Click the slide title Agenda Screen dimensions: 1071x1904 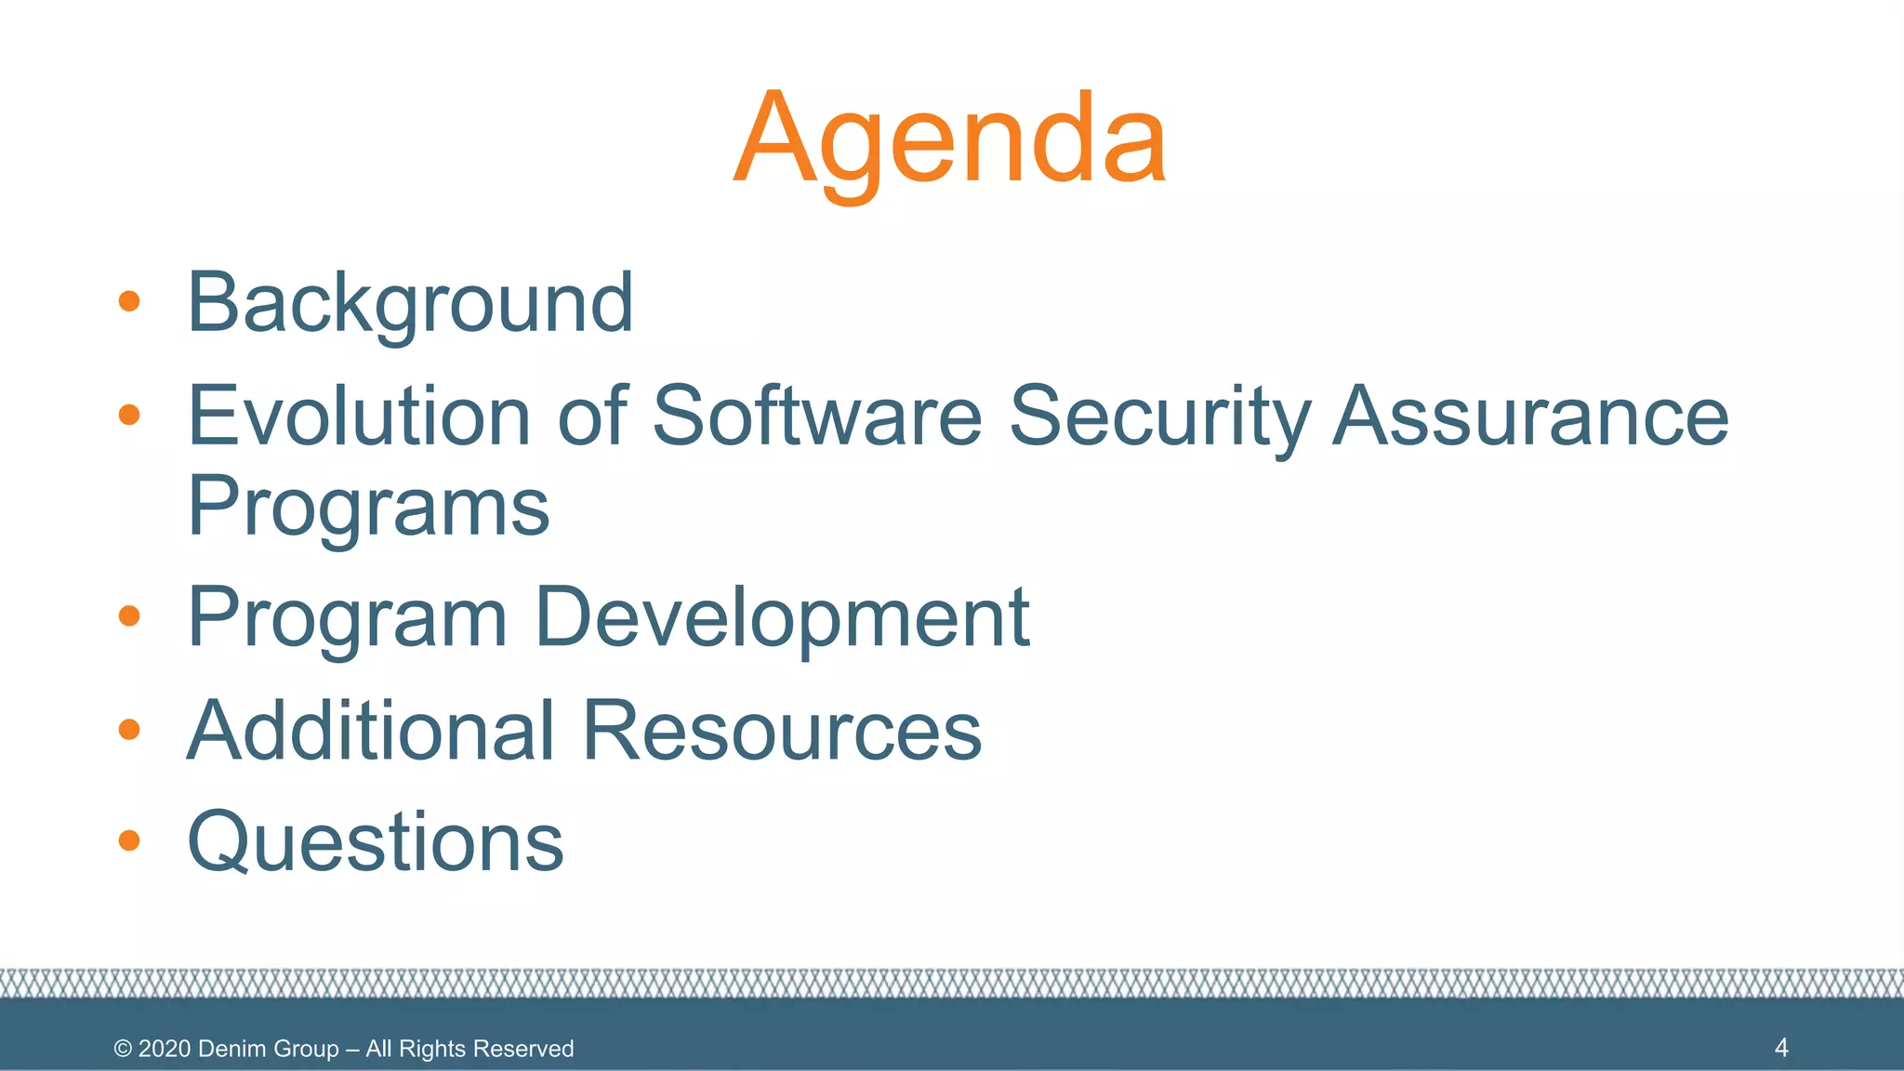(949, 139)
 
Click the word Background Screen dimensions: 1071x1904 (410, 303)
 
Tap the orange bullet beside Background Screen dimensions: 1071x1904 (129, 301)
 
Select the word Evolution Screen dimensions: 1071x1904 (359, 416)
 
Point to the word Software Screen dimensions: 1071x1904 (817, 416)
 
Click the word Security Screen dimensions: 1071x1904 (1159, 417)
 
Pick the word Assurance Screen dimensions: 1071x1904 (1530, 416)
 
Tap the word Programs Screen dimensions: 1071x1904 (368, 508)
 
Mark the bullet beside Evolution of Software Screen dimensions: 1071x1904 (129, 414)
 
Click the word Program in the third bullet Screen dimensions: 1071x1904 (347, 618)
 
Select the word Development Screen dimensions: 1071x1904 (782, 618)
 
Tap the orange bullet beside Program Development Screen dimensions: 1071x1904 (129, 615)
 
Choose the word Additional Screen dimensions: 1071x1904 (371, 731)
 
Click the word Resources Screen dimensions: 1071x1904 (782, 731)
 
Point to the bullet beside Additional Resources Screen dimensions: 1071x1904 (129, 729)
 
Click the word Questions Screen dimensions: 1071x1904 (376, 842)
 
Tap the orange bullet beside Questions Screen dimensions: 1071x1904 (129, 840)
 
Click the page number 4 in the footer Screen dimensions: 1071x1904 (1781, 1048)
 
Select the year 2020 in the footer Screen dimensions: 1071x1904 (165, 1049)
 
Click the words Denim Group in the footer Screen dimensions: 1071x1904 (268, 1049)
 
